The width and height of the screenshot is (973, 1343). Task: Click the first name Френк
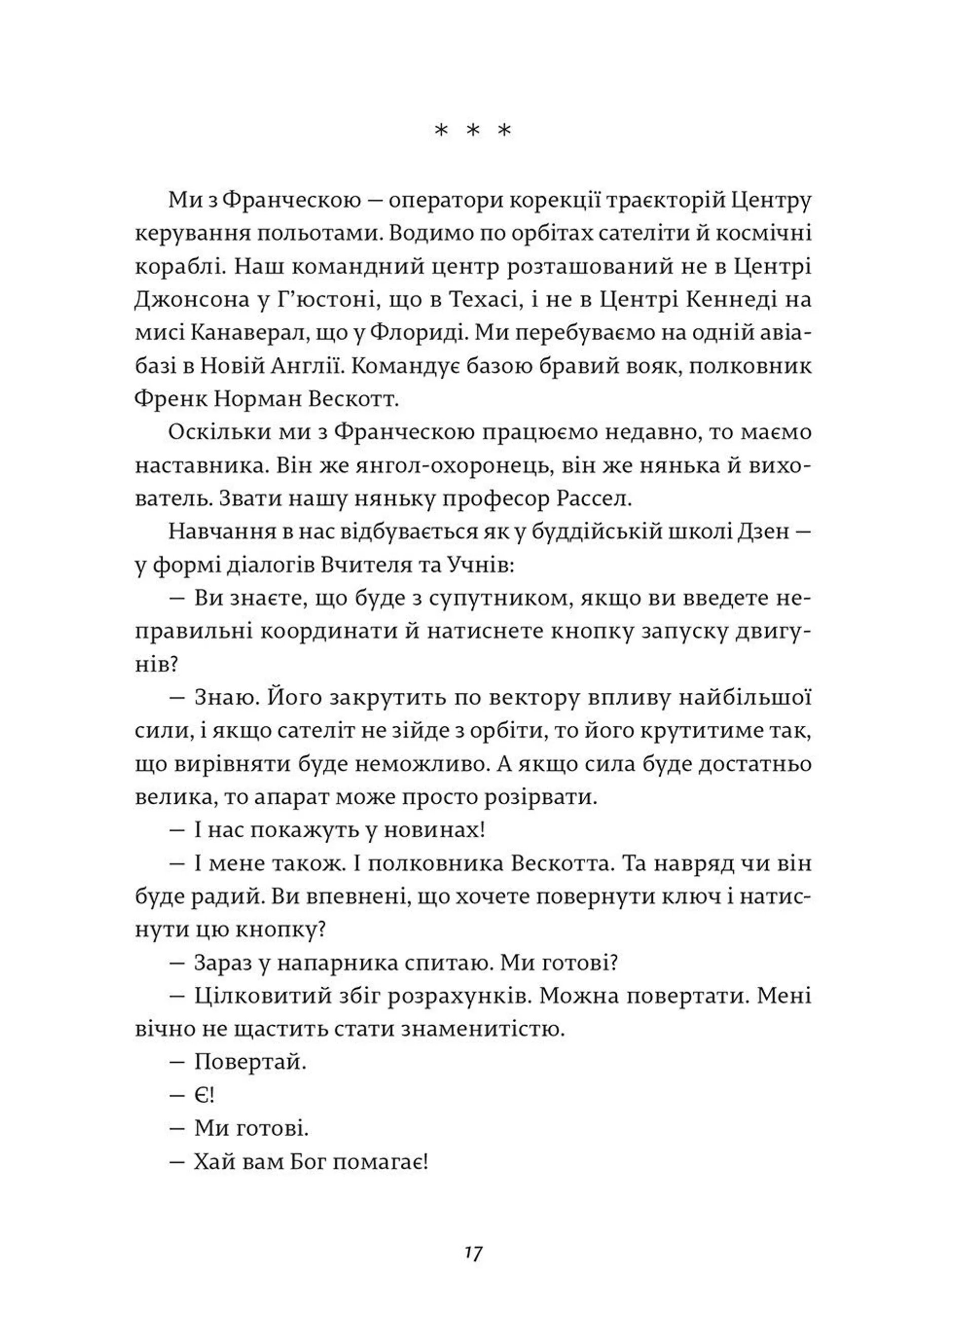click(169, 399)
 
